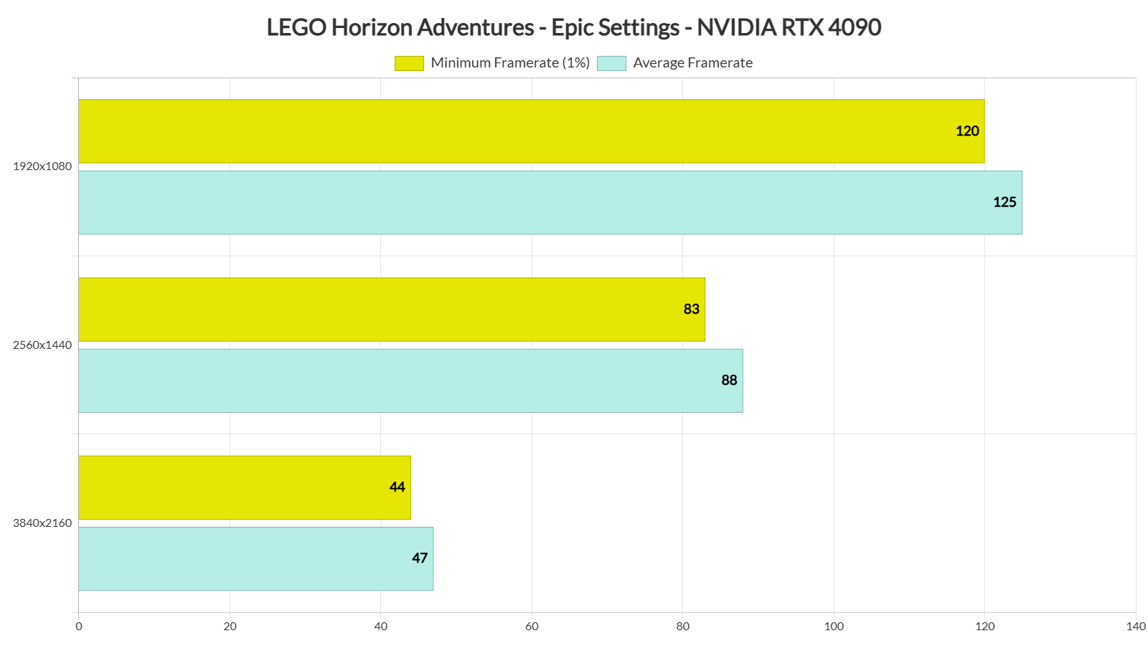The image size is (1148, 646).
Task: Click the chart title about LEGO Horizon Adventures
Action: click(573, 27)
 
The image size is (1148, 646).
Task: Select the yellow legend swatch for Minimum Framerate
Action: click(409, 63)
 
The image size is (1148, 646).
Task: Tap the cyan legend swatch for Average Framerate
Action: click(611, 63)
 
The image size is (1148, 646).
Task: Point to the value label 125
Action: click(1004, 202)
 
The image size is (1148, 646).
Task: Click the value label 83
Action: click(691, 309)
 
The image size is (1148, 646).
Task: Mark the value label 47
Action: click(420, 558)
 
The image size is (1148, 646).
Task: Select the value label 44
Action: click(397, 487)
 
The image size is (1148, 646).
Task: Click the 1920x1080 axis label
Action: click(42, 167)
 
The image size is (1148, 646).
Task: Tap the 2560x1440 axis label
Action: click(42, 345)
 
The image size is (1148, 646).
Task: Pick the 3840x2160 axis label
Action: click(42, 523)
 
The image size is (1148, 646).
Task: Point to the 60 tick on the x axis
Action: click(532, 627)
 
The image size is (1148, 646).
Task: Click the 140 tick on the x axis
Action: click(1136, 627)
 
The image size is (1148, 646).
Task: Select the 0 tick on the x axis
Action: click(79, 627)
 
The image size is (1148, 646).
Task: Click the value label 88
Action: click(729, 380)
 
